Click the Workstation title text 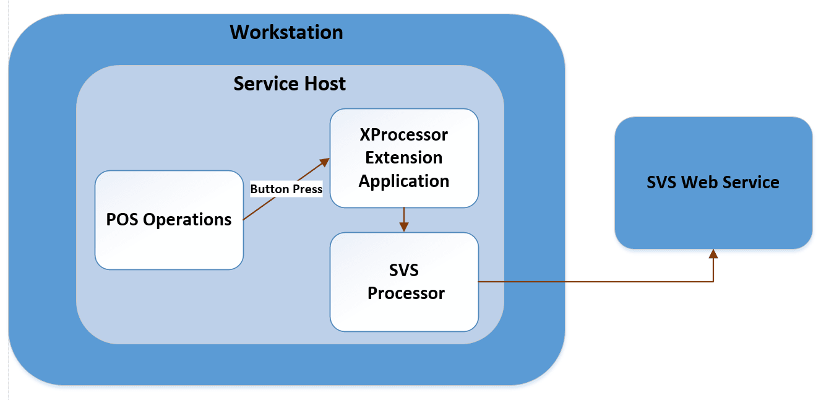pyautogui.click(x=286, y=32)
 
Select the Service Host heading pyautogui.click(x=290, y=84)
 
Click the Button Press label pyautogui.click(x=286, y=189)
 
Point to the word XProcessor pyautogui.click(x=404, y=135)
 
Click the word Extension pyautogui.click(x=404, y=158)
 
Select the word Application pyautogui.click(x=404, y=181)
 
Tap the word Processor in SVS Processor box pyautogui.click(x=406, y=293)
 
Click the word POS pyautogui.click(x=122, y=220)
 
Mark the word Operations pyautogui.click(x=188, y=220)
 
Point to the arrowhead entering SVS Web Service pyautogui.click(x=713, y=253)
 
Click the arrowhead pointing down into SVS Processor pyautogui.click(x=404, y=227)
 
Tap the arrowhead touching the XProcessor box pyautogui.click(x=324, y=162)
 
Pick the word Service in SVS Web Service pyautogui.click(x=750, y=183)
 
